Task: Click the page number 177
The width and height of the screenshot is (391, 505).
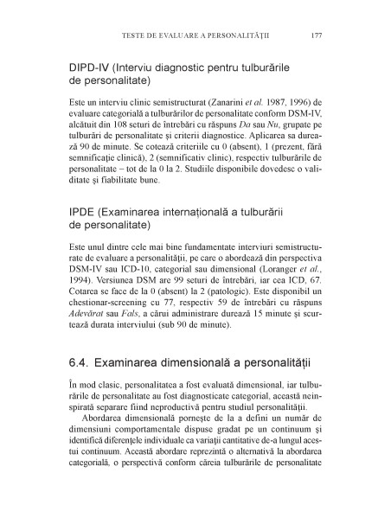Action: pos(317,37)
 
